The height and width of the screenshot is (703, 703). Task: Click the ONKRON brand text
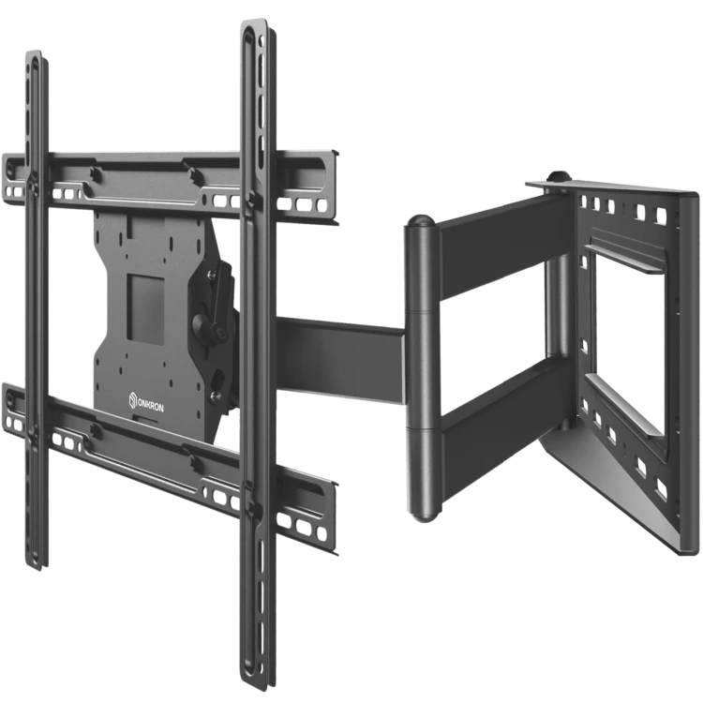151,405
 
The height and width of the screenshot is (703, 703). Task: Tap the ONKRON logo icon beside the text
133,400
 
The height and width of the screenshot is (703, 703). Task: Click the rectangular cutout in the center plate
146,309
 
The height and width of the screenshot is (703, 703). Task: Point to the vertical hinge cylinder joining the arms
423,367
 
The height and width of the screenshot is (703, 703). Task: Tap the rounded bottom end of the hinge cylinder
425,515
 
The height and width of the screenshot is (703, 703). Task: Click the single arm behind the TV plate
341,359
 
